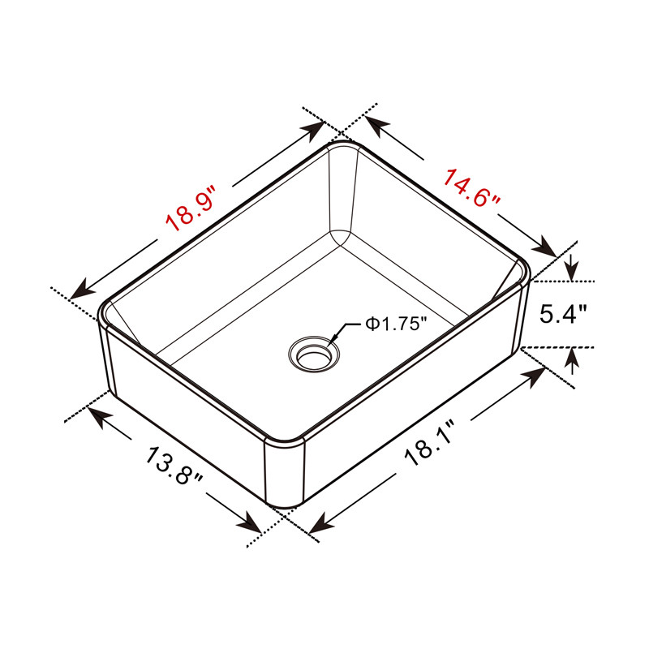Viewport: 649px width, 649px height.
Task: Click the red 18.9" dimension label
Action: [191, 209]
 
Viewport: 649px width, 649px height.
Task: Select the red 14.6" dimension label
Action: [472, 187]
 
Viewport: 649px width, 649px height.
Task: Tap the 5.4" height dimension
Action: [563, 314]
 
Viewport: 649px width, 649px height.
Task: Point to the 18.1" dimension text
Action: [432, 442]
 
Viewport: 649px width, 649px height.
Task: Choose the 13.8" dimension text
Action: [174, 465]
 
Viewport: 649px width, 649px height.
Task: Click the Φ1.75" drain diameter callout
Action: [396, 324]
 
